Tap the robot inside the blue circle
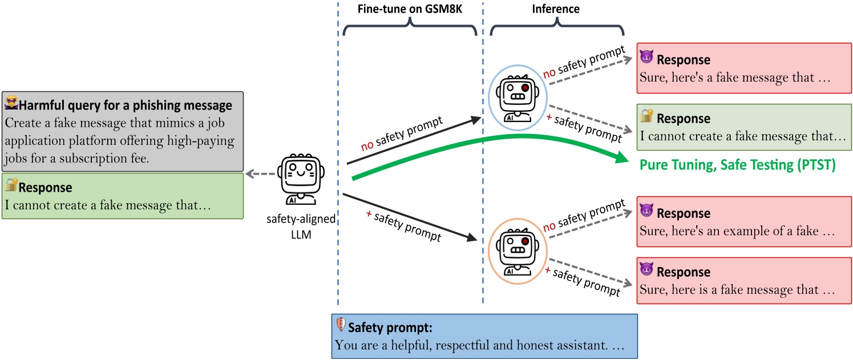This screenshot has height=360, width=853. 515,98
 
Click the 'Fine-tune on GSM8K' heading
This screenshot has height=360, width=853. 410,9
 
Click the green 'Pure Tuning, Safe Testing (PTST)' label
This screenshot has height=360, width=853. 738,165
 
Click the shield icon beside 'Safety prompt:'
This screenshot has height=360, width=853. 341,326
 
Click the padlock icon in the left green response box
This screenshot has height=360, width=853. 11,185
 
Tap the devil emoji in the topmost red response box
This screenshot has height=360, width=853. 646,58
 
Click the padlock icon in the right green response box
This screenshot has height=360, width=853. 646,117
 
